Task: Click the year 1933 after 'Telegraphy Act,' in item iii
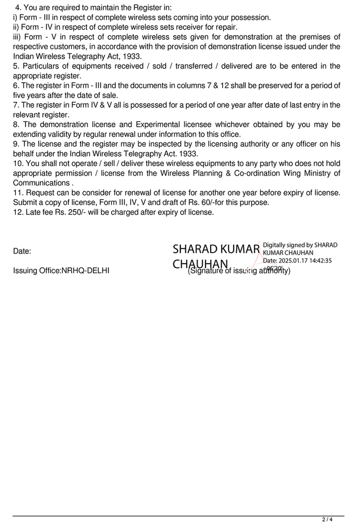[132, 56]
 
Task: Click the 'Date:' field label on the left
[22, 251]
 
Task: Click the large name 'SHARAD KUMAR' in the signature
[216, 249]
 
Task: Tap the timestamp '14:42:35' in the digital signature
[316, 260]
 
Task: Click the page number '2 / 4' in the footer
[327, 520]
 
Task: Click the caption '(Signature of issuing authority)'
[239, 270]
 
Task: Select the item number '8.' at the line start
[16, 125]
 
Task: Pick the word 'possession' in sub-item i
[251, 17]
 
